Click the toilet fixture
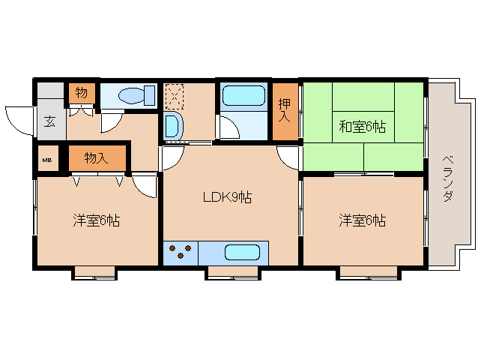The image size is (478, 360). pos(136,95)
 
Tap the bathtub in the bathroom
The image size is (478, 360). pos(244,95)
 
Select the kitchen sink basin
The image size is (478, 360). pos(242,253)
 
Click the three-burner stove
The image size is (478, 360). pos(181,253)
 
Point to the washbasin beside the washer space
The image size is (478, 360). pos(173,126)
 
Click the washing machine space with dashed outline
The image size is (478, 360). pos(175,97)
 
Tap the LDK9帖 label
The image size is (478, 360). pos(227,197)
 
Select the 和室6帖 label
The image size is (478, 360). pos(363,127)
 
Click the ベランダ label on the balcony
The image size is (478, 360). pos(447,178)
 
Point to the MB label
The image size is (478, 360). pos(46,160)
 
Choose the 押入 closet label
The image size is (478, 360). pos(285,110)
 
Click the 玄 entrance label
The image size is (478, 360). pos(50,122)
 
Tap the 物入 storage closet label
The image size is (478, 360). pos(96,158)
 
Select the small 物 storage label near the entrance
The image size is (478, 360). pos(82,93)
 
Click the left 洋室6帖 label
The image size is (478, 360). pos(97,220)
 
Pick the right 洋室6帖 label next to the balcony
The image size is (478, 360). pos(363,220)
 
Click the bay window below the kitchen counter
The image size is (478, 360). pos(233,273)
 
